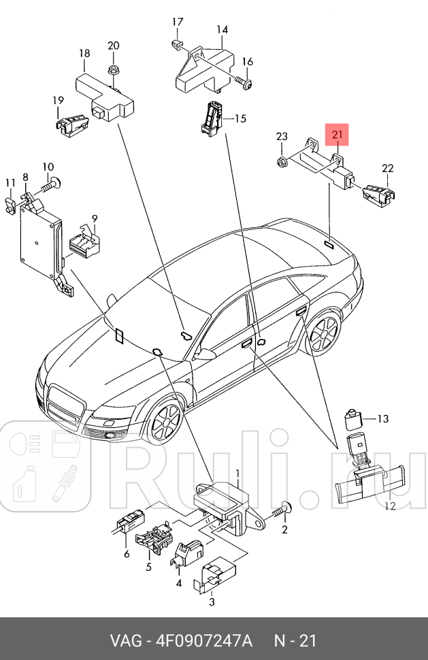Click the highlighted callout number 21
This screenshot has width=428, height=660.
click(x=338, y=135)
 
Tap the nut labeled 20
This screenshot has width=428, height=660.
click(x=114, y=70)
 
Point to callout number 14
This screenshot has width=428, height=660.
click(x=223, y=29)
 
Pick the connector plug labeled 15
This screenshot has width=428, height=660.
click(x=212, y=116)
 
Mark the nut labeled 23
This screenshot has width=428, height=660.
click(x=281, y=161)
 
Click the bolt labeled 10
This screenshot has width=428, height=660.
click(x=52, y=182)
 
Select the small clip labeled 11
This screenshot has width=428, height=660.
click(x=11, y=203)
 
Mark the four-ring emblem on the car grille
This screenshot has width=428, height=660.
click(x=67, y=399)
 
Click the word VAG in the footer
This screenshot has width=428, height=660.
click(x=124, y=641)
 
